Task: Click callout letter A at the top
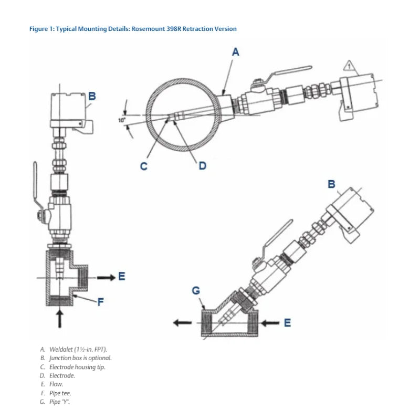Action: point(236,51)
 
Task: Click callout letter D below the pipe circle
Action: point(202,165)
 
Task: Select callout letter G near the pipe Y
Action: point(196,290)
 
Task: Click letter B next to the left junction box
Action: point(92,96)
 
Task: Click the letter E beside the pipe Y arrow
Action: point(287,322)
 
